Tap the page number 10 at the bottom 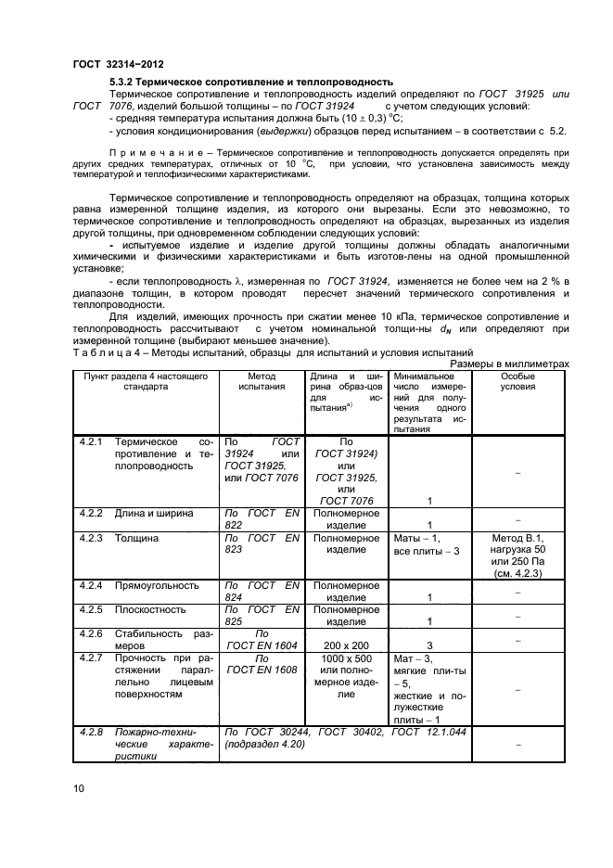(79, 788)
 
